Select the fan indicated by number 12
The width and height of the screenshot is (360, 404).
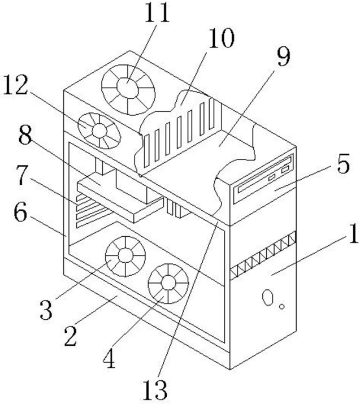(99, 131)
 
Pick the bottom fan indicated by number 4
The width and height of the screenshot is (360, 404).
(168, 282)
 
